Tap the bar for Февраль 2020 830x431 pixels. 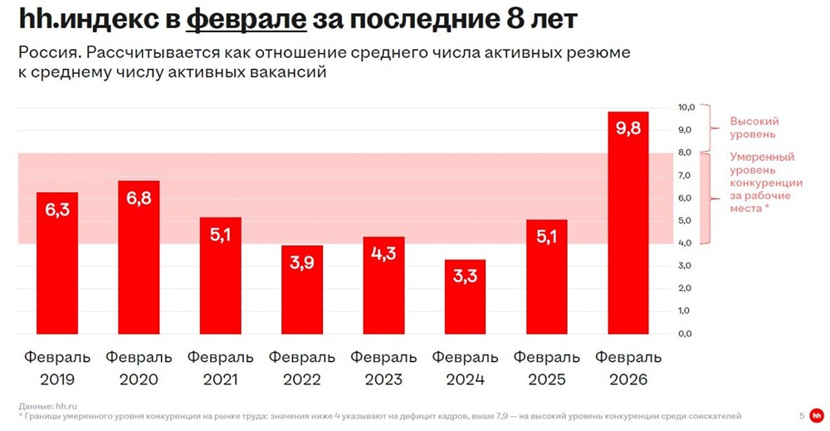pyautogui.click(x=139, y=257)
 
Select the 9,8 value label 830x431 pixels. pyautogui.click(x=628, y=129)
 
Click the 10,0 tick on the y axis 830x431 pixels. pyautogui.click(x=686, y=108)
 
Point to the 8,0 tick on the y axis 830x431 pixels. pyautogui.click(x=686, y=153)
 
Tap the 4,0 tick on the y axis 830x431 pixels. pyautogui.click(x=686, y=243)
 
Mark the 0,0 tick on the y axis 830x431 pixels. pyautogui.click(x=686, y=333)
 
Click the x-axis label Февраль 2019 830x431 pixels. pyautogui.click(x=57, y=369)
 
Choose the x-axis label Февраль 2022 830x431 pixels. pyautogui.click(x=302, y=369)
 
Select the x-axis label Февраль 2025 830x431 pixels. pyautogui.click(x=547, y=369)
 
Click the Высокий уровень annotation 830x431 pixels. pyautogui.click(x=754, y=127)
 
